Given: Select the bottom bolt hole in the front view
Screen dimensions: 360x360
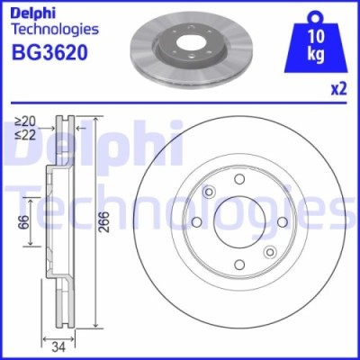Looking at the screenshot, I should click(x=240, y=264).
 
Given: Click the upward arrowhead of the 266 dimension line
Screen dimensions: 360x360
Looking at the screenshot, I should click(x=96, y=119).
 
